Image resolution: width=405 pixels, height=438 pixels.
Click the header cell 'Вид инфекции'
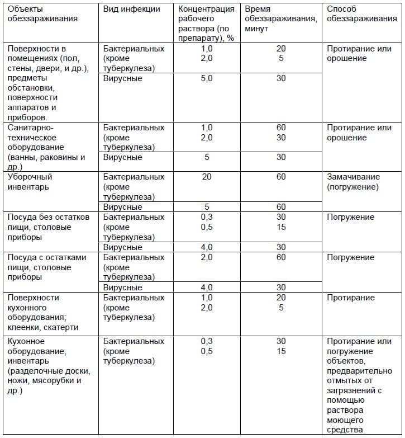[x=131, y=9]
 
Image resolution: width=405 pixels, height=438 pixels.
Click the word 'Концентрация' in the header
[x=206, y=9]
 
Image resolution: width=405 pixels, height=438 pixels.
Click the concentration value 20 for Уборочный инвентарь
[x=207, y=177]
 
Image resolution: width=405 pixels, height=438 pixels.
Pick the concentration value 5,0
[x=207, y=78]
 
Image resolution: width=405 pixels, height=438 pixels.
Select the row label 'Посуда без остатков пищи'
[x=47, y=217]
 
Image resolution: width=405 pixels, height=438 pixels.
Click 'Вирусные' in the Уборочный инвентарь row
[x=122, y=207]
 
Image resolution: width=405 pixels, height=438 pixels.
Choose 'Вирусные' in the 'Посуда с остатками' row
[x=122, y=288]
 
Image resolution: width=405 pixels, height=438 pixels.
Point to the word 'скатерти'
[x=62, y=327]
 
